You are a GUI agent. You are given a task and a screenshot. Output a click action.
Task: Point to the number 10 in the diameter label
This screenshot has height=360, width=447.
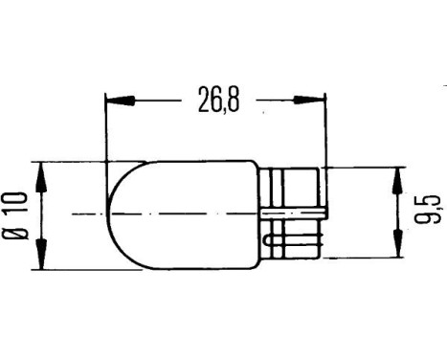14,203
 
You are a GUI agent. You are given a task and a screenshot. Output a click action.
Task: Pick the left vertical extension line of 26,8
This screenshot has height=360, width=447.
103,129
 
